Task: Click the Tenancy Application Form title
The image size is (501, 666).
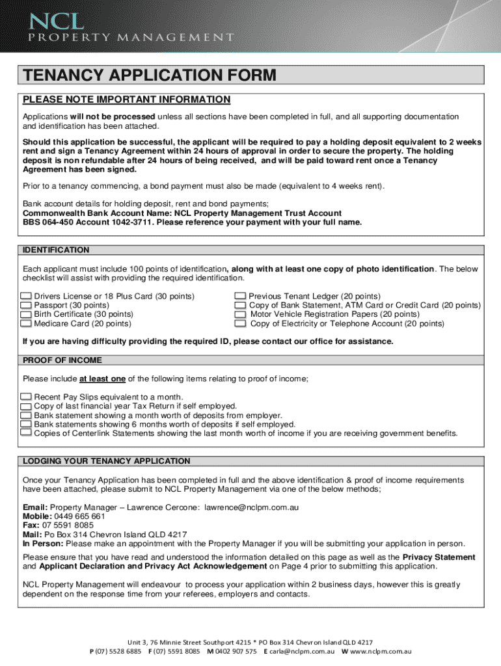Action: click(150, 75)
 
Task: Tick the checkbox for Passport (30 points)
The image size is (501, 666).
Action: click(26, 305)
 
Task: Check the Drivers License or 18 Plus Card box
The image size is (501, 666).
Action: click(26, 296)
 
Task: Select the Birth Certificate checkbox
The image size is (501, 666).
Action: click(26, 314)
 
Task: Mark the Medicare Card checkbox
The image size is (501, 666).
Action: click(26, 323)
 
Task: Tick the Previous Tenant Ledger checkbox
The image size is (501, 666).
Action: click(240, 296)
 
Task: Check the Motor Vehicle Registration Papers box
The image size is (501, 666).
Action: click(240, 314)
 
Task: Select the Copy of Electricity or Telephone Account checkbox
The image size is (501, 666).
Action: click(240, 323)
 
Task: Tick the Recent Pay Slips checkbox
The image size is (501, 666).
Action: click(26, 397)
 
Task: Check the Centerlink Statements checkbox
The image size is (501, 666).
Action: click(26, 433)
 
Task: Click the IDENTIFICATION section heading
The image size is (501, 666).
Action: click(56, 250)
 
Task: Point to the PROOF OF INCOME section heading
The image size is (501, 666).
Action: click(62, 360)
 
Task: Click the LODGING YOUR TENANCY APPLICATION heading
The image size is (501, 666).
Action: click(106, 460)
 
